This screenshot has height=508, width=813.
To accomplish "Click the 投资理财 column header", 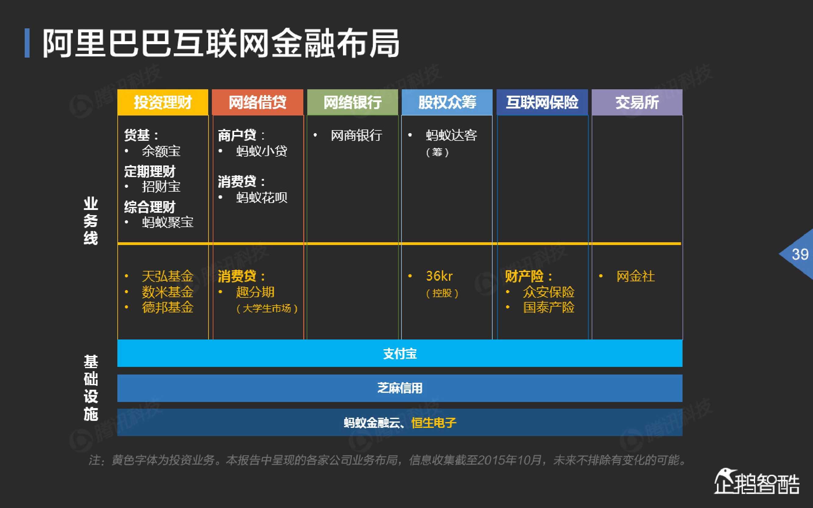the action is point(163,102).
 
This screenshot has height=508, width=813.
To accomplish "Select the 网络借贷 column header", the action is point(258,102).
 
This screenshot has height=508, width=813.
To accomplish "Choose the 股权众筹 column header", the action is point(447,102).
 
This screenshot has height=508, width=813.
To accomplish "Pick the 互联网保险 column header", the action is point(542,102).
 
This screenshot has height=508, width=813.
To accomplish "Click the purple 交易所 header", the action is point(637,102).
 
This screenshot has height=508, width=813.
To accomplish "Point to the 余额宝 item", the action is point(161,151).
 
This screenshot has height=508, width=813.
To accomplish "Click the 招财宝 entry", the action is point(161,187).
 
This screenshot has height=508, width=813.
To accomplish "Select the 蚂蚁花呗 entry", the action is point(262,197).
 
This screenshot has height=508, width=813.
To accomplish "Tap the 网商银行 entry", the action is point(356,135).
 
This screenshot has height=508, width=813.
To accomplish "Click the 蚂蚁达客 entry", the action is point(451,135).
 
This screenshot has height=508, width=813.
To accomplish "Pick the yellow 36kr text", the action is point(439,276).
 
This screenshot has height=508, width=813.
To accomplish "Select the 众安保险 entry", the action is point(548,292).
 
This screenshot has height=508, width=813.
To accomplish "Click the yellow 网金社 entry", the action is point(636,276).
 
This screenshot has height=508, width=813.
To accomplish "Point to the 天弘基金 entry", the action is point(167,276).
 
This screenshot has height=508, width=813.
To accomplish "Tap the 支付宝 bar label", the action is point(400,354).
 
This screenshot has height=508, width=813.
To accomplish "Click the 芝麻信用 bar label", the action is point(400,388).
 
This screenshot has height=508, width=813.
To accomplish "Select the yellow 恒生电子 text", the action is point(433,423).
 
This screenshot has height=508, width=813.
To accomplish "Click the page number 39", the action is point(800,254).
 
